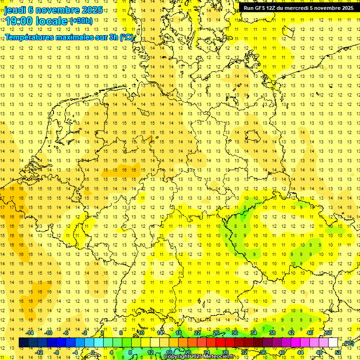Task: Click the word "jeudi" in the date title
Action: (15, 9)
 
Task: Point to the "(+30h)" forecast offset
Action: (81, 21)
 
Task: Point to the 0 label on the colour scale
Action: (93, 352)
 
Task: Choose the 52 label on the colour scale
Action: (338, 352)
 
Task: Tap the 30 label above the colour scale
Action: (234, 333)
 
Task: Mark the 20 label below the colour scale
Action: (188, 352)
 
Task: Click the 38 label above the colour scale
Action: (272, 333)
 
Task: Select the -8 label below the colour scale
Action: (56, 352)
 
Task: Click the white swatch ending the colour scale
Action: (333, 343)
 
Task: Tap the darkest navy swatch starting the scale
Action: (23, 343)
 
